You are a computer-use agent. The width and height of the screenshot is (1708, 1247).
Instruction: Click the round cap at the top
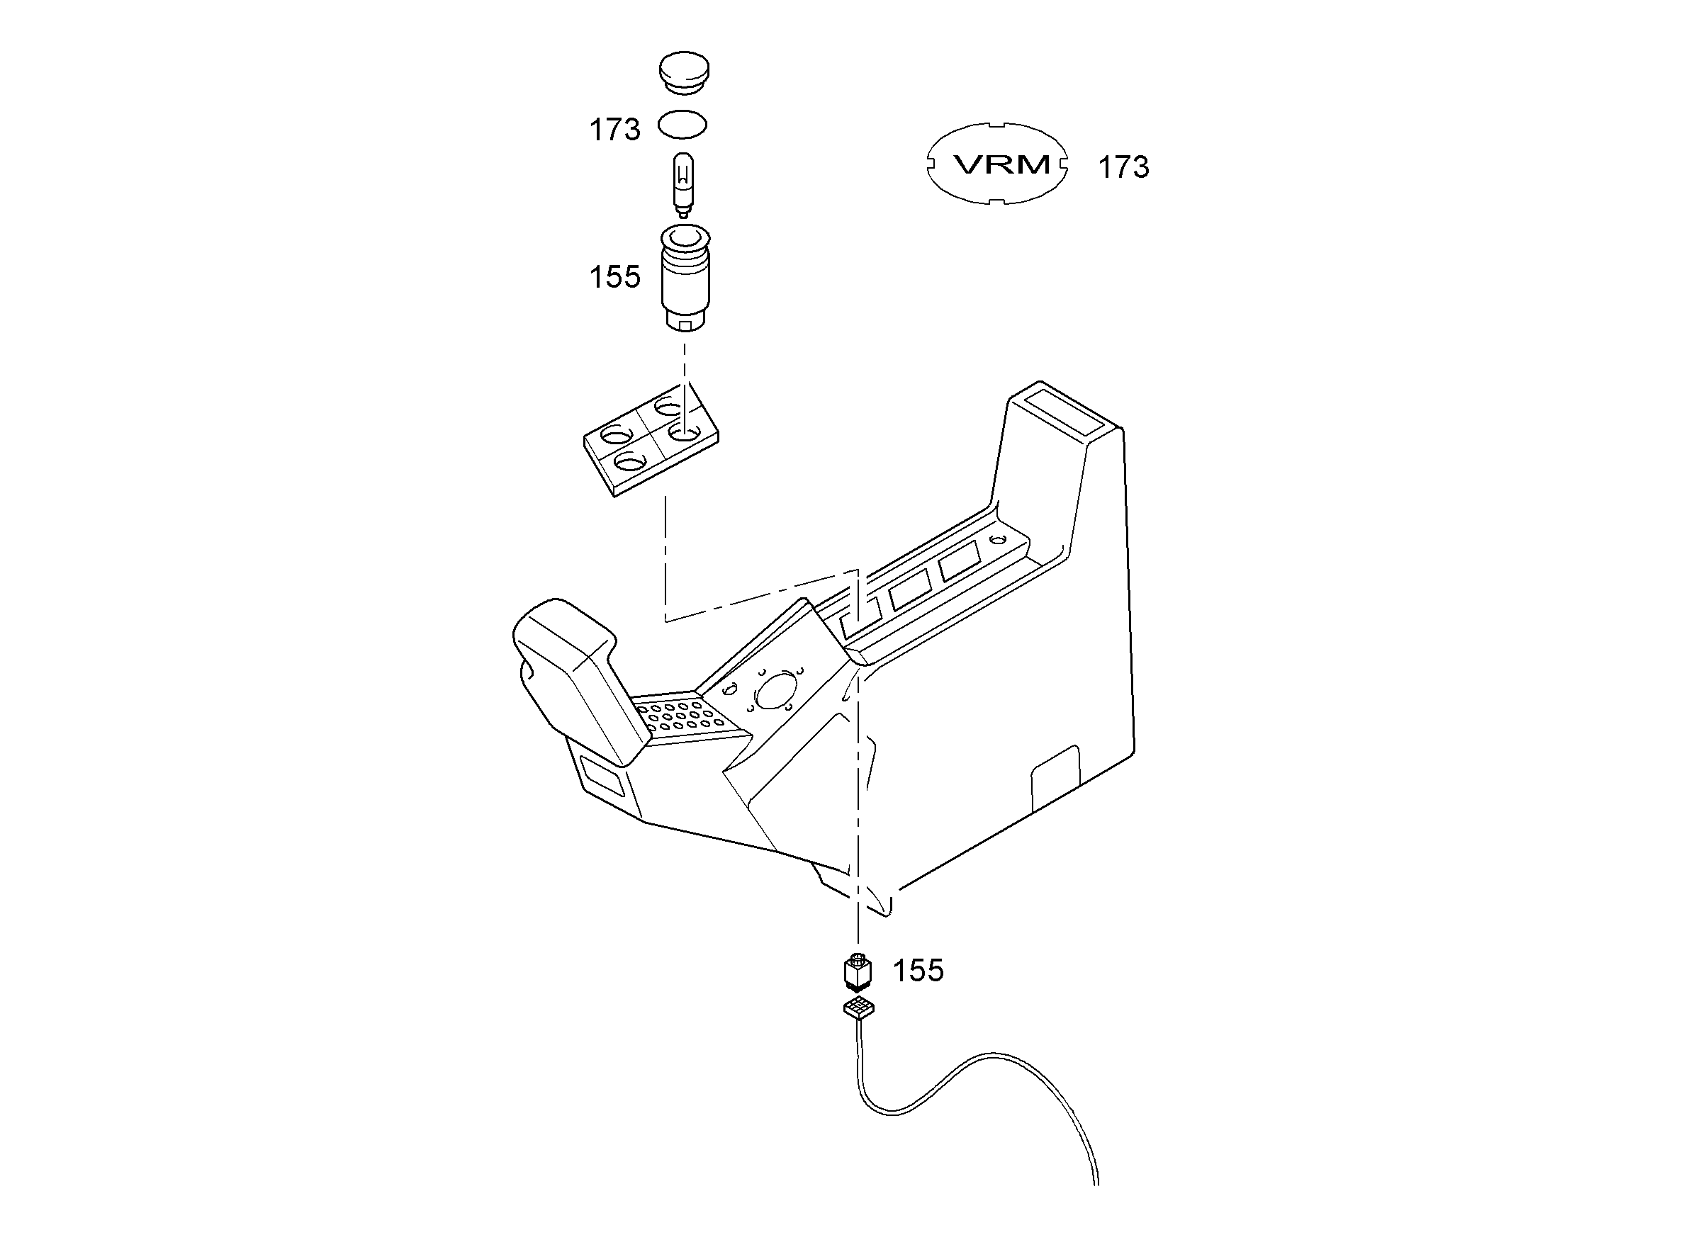click(684, 72)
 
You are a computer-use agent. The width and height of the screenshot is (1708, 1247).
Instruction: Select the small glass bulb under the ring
click(683, 185)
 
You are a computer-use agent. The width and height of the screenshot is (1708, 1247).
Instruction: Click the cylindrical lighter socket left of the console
click(684, 278)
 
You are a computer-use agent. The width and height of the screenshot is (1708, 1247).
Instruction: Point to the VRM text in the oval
click(1002, 164)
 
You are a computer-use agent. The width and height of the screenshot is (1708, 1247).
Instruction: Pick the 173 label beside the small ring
click(614, 130)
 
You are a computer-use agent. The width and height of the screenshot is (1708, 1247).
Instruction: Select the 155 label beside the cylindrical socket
click(614, 277)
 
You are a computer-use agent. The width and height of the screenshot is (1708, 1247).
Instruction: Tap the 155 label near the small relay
click(918, 971)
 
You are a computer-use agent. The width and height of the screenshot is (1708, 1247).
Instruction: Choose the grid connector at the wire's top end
click(858, 1008)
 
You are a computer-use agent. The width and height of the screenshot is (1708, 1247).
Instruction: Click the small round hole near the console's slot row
click(998, 540)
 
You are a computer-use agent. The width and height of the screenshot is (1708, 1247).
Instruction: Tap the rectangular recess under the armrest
click(602, 776)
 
